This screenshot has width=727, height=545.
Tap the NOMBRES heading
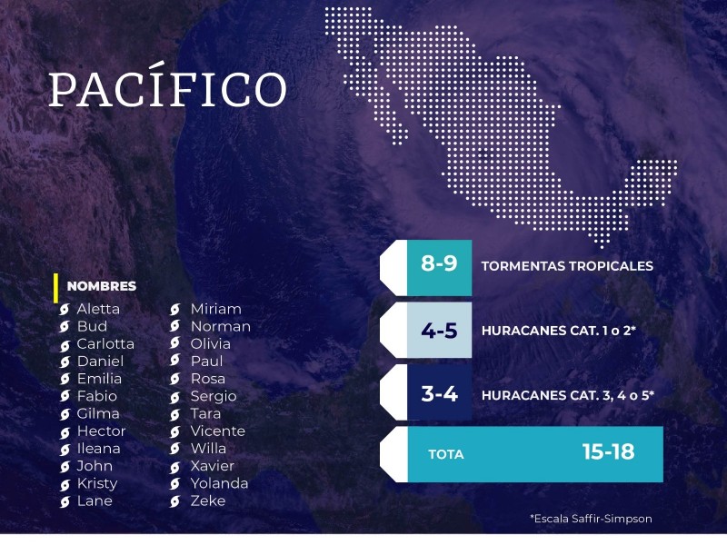point(102,286)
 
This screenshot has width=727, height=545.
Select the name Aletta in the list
point(98,309)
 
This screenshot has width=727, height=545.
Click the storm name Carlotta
point(105,344)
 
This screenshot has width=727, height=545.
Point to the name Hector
point(101,431)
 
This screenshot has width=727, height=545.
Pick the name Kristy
point(97,484)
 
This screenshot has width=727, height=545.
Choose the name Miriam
point(216,309)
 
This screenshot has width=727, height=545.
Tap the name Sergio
point(214,397)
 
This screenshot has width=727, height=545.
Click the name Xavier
point(213,466)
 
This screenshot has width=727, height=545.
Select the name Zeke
point(208,500)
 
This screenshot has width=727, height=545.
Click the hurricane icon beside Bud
point(65,327)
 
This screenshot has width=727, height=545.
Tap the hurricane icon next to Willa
point(174,449)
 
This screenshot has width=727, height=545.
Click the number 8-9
point(439,263)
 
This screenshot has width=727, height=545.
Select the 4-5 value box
point(440,331)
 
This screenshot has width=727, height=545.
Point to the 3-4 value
point(440,394)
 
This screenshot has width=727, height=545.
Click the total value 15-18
point(608,451)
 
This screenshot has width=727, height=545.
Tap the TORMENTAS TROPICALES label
point(567,266)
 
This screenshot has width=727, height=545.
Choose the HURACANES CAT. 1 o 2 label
point(558,331)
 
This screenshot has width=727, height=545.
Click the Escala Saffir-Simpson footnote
point(592,519)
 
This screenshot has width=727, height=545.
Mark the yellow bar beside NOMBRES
point(55,288)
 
